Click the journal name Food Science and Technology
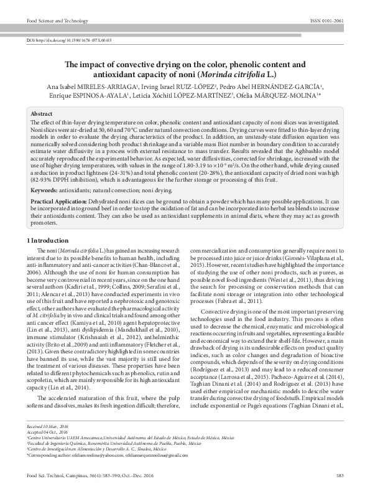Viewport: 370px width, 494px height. pos(55,21)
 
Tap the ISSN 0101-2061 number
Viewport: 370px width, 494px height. pos(327,21)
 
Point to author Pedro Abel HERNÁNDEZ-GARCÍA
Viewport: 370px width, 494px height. pos(271,86)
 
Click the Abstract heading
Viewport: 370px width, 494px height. pos(42,115)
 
